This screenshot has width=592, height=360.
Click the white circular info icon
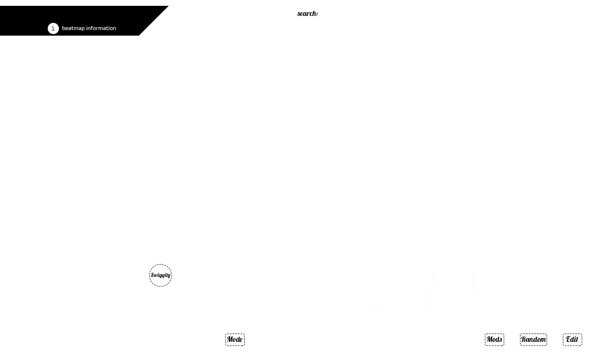click(53, 28)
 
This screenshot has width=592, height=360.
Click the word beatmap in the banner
click(73, 28)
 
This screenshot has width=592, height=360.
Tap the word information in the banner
click(101, 28)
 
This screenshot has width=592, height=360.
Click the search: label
click(307, 13)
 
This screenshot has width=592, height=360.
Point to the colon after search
click(317, 14)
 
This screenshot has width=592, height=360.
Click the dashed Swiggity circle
click(160, 275)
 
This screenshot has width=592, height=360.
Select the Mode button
click(235, 339)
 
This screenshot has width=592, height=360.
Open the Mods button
click(494, 339)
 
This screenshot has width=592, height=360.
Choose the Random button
click(533, 339)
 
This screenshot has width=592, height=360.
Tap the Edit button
click(572, 339)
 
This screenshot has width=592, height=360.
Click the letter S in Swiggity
click(152, 275)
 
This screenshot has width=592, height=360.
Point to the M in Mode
click(230, 339)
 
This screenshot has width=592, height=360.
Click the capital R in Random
click(524, 339)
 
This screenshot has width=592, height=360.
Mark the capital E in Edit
click(569, 339)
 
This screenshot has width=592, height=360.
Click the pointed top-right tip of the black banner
click(169, 6)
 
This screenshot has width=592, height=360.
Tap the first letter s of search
click(298, 14)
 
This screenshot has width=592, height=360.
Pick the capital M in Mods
click(490, 339)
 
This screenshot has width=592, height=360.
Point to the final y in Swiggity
click(169, 276)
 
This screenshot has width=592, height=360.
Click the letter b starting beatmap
click(64, 28)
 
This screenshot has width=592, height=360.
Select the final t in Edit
click(577, 339)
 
